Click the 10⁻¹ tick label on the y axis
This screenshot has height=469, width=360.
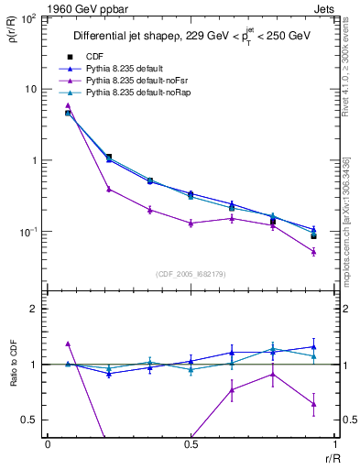28,233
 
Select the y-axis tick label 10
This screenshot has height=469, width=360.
31,90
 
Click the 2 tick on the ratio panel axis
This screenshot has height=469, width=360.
35,310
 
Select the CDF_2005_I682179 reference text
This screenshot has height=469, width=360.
191,272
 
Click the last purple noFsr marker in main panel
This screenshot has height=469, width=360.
313,251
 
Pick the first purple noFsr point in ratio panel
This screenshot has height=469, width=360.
68,344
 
